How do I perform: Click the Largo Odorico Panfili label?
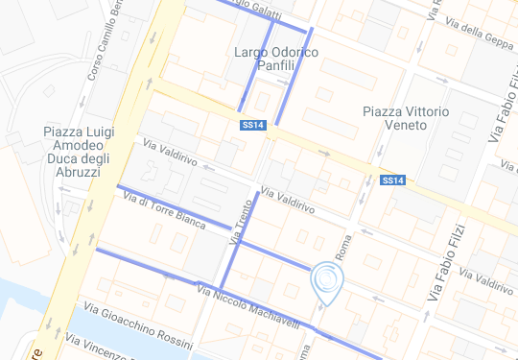click(x=276, y=59)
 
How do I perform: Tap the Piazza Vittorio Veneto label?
click(x=406, y=119)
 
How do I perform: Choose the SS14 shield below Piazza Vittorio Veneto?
click(x=392, y=180)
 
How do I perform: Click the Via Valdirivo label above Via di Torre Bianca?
click(x=170, y=154)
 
